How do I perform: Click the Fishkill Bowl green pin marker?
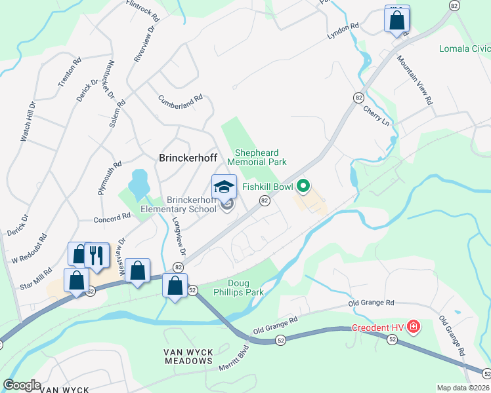coord(303,187)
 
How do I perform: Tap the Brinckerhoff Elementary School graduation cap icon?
coord(224,186)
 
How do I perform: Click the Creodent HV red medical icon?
coord(414,326)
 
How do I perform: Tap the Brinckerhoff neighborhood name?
coord(188,158)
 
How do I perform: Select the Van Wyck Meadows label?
coord(188,356)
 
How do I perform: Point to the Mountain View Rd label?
coord(415,79)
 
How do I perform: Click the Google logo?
coord(22,385)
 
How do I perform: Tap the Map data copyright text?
coord(463,388)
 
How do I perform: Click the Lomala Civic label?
coord(465,48)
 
